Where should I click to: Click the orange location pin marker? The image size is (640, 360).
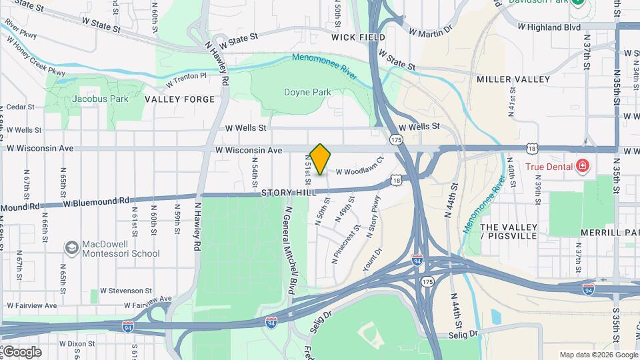coord(321,159)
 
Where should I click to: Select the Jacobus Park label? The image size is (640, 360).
coord(91,99)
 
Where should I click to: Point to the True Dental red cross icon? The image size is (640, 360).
coord(582,165)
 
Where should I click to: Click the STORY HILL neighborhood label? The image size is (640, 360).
coord(287,193)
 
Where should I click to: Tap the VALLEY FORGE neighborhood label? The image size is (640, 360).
coord(180,99)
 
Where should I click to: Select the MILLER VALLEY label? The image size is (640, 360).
coord(513,79)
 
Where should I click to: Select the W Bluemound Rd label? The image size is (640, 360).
coord(97,201)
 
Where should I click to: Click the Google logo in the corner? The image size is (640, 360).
coord(21,351)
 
